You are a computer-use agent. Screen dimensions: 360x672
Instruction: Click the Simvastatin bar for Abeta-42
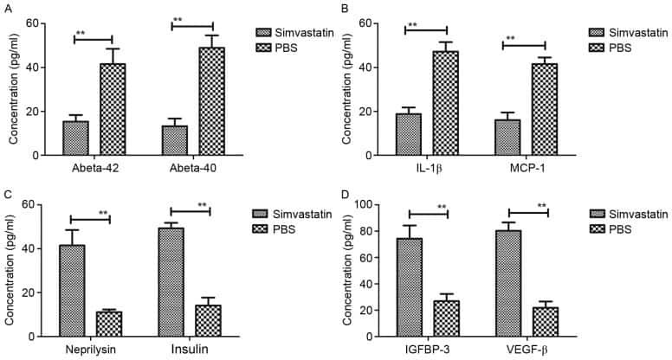click(x=75, y=138)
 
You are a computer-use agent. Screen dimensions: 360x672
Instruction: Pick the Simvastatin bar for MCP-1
click(x=508, y=138)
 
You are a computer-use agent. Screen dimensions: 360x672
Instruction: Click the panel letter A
click(x=6, y=8)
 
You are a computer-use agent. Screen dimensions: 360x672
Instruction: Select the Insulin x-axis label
click(x=190, y=350)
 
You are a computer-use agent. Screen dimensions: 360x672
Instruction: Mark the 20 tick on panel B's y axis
click(x=378, y=112)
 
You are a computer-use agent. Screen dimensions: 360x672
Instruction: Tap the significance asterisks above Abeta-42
click(x=80, y=34)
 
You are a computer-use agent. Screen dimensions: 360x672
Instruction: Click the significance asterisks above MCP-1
click(x=511, y=39)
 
